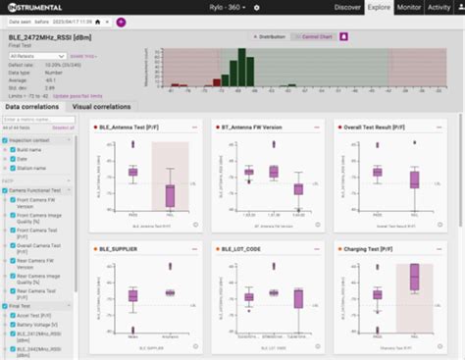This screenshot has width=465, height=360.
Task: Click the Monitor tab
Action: pyautogui.click(x=410, y=7)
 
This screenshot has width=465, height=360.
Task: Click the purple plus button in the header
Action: pyautogui.click(x=121, y=21)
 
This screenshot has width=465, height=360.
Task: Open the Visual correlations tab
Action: pyautogui.click(x=104, y=106)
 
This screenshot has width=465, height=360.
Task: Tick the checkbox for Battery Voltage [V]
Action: pyautogui.click(x=10, y=324)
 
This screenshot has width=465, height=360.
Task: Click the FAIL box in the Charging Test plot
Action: pyautogui.click(x=413, y=280)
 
